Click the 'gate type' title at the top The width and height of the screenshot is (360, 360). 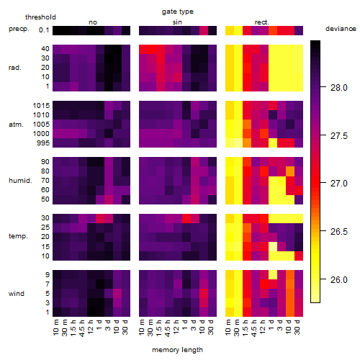178,12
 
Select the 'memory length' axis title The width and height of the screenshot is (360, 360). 177,350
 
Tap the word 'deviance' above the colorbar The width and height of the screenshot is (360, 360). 341,29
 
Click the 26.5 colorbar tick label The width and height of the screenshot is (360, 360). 338,232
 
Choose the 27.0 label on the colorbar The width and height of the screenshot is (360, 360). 338,184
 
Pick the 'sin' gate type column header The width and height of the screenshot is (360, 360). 177,22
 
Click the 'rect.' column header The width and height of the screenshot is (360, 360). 262,22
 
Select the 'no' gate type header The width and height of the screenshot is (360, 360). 93,22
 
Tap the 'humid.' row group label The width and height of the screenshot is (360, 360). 20,181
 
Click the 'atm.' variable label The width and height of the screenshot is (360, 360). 16,125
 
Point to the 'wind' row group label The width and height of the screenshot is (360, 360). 17,294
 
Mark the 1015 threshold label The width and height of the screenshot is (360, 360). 41,106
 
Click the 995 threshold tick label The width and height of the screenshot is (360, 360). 43,143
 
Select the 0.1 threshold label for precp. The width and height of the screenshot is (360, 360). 44,30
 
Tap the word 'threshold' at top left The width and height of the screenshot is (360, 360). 40,17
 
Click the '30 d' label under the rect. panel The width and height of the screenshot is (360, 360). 297,327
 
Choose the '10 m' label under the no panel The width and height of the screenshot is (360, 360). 55,327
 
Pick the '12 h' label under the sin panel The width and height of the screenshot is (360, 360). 176,327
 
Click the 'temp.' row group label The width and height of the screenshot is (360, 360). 18,236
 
